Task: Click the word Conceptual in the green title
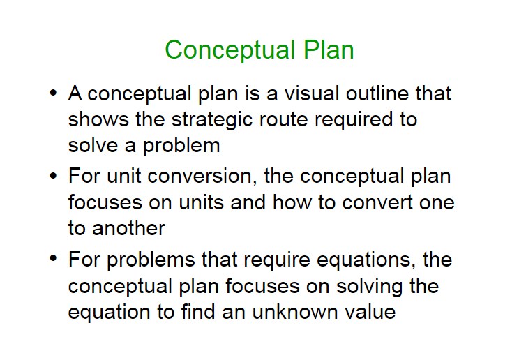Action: click(x=230, y=50)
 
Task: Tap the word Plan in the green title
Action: click(x=329, y=50)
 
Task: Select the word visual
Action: click(x=312, y=93)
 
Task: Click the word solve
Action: click(x=93, y=145)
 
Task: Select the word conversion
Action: click(x=202, y=176)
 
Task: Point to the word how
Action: click(x=292, y=202)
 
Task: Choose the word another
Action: click(x=128, y=228)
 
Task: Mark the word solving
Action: click(x=370, y=287)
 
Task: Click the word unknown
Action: click(x=294, y=312)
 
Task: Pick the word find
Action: click(x=198, y=312)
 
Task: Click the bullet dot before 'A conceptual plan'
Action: click(x=53, y=93)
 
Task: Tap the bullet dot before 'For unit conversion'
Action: click(x=53, y=176)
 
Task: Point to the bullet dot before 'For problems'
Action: click(x=53, y=258)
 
